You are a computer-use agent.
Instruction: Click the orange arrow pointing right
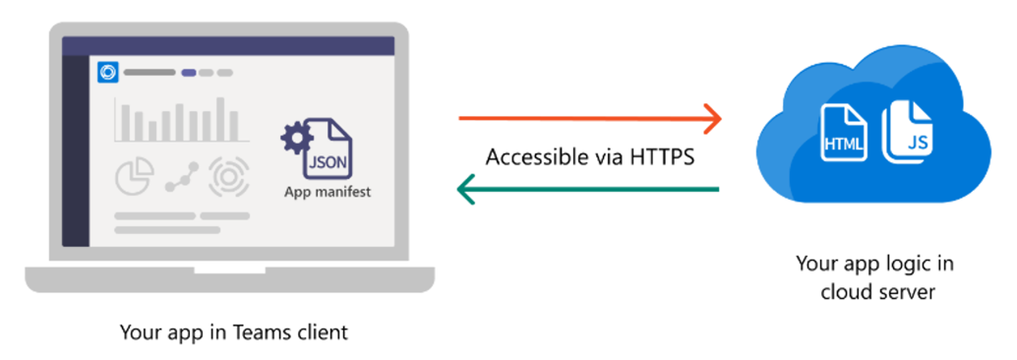click(x=590, y=120)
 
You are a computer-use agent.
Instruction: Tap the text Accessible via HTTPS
click(x=590, y=156)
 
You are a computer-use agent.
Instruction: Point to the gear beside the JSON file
click(x=294, y=139)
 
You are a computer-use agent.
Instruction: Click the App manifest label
click(x=328, y=192)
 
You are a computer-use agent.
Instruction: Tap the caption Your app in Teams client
click(x=233, y=332)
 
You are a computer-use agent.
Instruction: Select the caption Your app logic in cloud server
click(x=874, y=278)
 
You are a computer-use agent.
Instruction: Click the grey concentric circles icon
click(x=227, y=175)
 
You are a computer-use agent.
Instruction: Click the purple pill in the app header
click(x=189, y=73)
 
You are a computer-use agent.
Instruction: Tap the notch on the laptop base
click(x=228, y=269)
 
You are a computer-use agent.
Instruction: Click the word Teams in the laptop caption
click(x=264, y=332)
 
